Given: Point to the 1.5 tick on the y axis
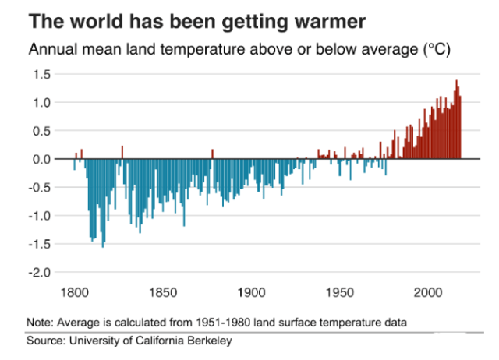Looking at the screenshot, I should point(42,74).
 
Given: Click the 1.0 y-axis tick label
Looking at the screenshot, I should point(42,102).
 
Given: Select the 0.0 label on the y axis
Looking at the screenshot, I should point(42,159).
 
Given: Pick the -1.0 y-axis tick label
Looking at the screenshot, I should point(40,216).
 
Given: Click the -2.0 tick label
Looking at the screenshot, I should point(40,273).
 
